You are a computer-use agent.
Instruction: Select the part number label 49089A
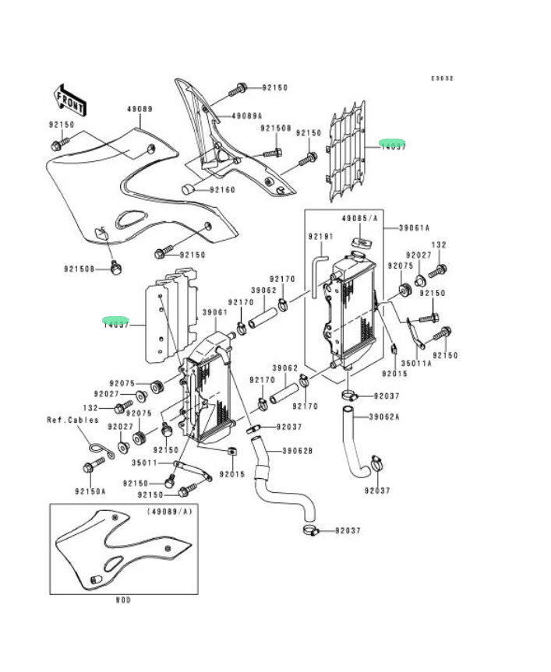coord(246,116)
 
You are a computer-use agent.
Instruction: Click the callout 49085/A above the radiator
coord(359,220)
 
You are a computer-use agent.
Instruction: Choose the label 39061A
coord(415,228)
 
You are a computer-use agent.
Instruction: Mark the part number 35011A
coord(416,362)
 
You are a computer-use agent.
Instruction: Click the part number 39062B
coord(297,450)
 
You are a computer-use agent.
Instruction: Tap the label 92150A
coord(90,492)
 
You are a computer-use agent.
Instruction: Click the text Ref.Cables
coord(72,420)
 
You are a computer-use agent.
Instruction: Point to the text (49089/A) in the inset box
coord(169,512)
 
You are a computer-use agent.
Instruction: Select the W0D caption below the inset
coord(122,600)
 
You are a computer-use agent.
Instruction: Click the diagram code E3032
coord(442,78)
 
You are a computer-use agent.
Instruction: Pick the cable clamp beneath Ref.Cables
coord(96,446)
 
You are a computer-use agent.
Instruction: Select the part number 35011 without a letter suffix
coord(144,463)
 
